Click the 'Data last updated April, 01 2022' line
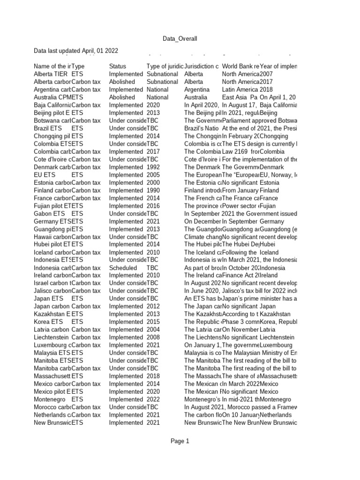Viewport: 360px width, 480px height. coord(75,51)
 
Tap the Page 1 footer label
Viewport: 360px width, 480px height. coord(180,441)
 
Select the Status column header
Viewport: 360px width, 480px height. coord(118,67)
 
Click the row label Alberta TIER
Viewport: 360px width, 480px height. coord(51,74)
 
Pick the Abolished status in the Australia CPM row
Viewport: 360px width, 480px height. coord(122,97)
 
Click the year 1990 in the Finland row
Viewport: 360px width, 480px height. coord(153,190)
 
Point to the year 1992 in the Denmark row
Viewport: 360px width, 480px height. coord(153,167)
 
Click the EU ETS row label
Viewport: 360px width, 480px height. coord(45,175)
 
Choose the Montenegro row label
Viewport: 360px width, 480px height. coord(50,399)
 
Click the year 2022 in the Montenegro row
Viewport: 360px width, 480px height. coord(153,399)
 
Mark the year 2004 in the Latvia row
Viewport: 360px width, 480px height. coord(153,330)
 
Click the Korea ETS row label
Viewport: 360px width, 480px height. coord(47,322)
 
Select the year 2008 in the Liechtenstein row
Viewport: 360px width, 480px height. coord(153,337)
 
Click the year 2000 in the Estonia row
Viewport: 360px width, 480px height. coord(153,182)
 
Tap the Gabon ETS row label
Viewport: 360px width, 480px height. coord(49,213)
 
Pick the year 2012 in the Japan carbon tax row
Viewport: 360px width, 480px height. coord(153,306)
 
